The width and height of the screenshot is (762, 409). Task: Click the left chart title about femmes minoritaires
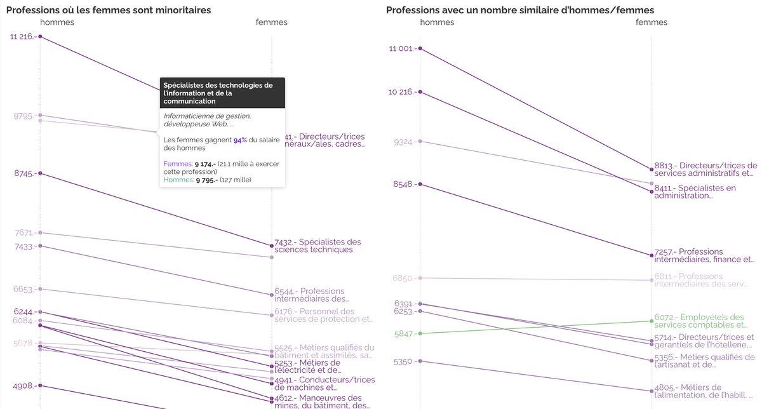109,10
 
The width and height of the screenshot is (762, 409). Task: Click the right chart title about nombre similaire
520,10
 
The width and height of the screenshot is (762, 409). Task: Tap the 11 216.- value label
23,37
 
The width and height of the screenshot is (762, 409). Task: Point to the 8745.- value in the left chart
25,173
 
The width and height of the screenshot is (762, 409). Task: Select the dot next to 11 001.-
420,48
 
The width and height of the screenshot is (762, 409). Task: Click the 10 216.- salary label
403,91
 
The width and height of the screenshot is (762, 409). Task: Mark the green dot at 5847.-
420,333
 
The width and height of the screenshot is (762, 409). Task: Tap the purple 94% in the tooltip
240,140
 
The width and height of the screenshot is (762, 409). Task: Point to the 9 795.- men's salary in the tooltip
206,180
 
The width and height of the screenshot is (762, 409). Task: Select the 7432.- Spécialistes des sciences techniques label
318,245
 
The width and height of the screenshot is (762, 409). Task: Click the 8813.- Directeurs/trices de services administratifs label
705,169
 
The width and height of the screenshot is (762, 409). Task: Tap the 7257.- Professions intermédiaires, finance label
704,255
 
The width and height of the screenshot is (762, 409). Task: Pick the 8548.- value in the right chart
403,184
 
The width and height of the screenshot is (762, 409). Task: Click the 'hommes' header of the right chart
437,22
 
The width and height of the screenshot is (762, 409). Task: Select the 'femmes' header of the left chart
271,22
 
